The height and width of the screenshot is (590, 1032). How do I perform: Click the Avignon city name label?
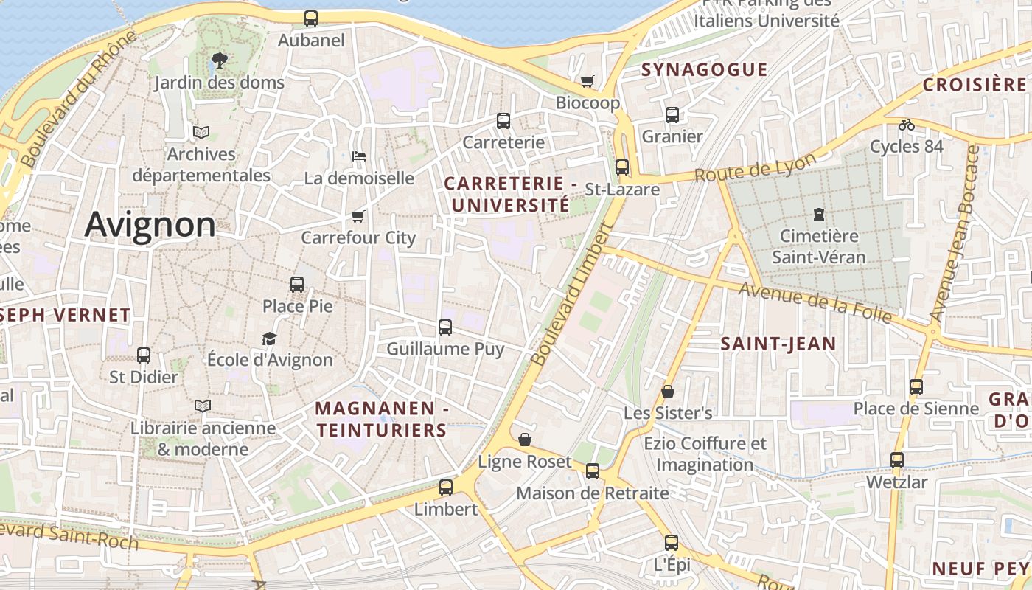coord(150,224)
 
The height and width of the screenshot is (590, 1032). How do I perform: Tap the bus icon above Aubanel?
coord(311,18)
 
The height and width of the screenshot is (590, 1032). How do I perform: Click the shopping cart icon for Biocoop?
coord(588,81)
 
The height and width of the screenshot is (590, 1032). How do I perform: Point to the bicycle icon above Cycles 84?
coord(906,125)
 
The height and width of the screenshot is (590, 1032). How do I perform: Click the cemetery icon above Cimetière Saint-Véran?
coord(818,215)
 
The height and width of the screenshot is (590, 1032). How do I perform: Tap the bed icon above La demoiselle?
coord(359,156)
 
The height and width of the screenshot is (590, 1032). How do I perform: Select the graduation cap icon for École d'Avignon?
coord(269,339)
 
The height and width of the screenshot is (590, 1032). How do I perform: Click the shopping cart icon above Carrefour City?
coord(358,216)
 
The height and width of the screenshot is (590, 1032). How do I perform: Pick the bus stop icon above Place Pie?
coord(297,284)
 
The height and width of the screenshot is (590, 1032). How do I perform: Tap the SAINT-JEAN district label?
coord(778,343)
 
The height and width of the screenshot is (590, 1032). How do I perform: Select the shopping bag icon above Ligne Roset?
coord(525,440)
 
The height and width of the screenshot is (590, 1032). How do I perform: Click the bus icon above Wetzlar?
coord(896,460)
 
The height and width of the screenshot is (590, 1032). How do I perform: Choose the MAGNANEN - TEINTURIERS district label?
coord(381,419)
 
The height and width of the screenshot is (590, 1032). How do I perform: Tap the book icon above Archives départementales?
coord(201,133)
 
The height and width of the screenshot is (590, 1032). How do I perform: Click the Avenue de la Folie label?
coord(816,303)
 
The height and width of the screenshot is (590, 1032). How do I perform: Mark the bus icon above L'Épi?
coord(671,543)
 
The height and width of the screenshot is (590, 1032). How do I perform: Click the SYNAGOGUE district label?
coord(704,70)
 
